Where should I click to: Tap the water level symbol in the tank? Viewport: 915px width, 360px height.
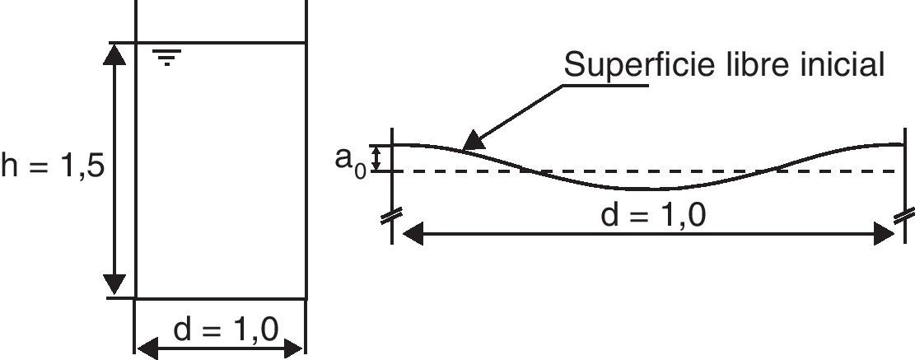[x=166, y=57]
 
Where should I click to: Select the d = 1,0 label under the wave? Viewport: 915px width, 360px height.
[x=654, y=216]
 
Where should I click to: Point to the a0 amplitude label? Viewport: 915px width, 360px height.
[x=350, y=159]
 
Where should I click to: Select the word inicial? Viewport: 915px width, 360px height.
[x=846, y=65]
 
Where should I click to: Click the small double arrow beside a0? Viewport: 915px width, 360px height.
[x=377, y=158]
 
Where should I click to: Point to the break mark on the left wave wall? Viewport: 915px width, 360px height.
[x=391, y=217]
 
